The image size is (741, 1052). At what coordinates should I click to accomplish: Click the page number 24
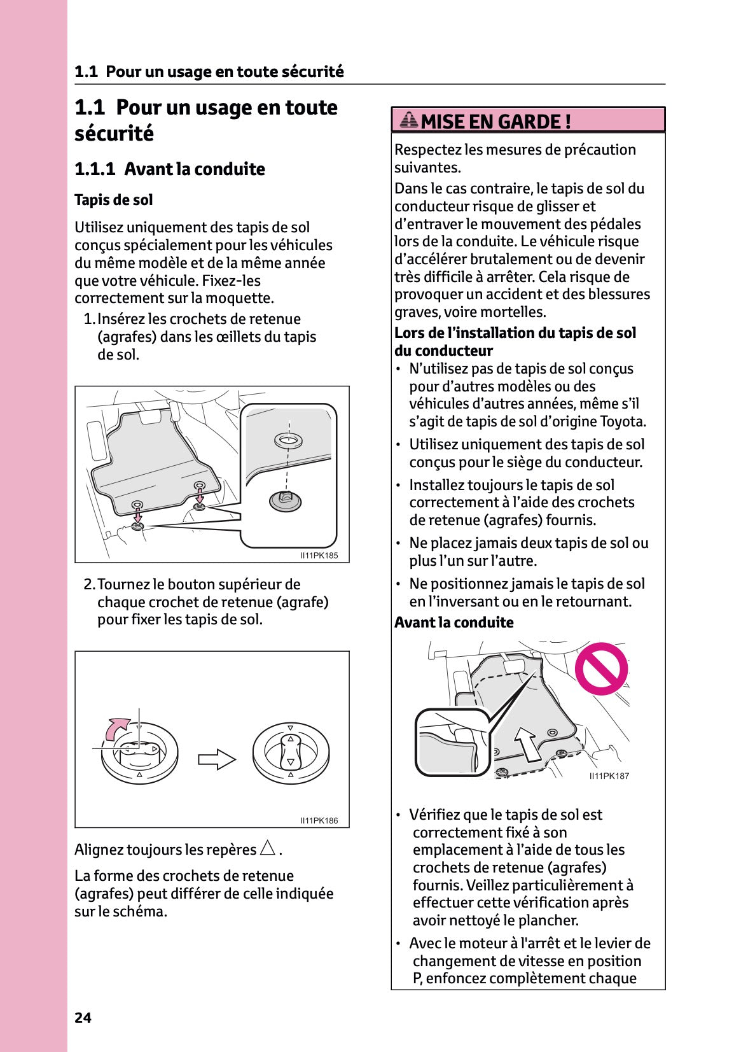tap(83, 1018)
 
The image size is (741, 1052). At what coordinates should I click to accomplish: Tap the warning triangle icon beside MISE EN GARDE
tap(409, 120)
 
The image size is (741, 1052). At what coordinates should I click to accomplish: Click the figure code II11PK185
tap(319, 556)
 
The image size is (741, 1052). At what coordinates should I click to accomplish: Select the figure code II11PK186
tap(319, 820)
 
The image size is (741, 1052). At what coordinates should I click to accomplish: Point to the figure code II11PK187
tap(609, 776)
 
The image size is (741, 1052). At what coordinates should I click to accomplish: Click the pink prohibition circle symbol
tap(601, 668)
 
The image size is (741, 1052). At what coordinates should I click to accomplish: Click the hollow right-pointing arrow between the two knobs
tap(216, 759)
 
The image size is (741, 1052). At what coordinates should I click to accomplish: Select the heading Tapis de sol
tap(113, 200)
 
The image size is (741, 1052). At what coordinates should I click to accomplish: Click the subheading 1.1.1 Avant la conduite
tap(169, 169)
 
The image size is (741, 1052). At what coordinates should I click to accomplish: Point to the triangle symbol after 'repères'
tap(268, 848)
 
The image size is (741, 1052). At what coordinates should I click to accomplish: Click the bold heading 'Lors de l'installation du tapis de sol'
tap(515, 333)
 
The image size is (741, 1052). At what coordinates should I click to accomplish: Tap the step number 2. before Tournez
tap(89, 584)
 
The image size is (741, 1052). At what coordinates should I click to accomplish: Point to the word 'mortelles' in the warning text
tap(516, 312)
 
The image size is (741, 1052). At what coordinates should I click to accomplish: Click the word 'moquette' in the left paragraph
tap(244, 298)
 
